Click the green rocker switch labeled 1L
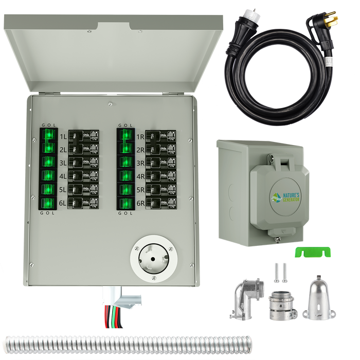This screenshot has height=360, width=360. (x=49, y=136)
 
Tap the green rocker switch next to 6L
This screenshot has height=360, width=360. (x=49, y=203)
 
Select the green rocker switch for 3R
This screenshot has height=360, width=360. (x=125, y=163)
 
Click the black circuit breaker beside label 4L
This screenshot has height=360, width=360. (x=83, y=176)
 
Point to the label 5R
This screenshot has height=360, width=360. (x=140, y=190)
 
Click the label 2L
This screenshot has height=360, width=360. (x=63, y=150)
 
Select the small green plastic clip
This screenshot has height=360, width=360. (x=312, y=251)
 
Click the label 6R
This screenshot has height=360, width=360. (x=140, y=203)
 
